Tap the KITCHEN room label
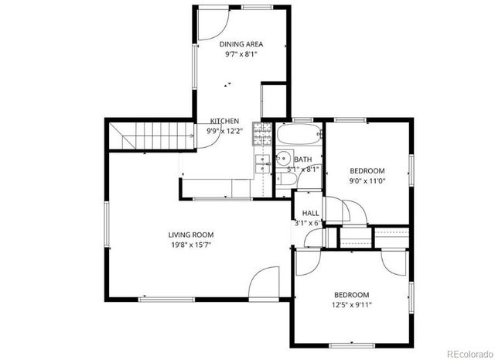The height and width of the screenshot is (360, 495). point(225,122)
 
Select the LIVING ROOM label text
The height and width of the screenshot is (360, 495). point(191,235)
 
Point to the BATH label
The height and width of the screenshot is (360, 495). point(303,159)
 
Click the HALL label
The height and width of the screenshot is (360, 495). point(310,213)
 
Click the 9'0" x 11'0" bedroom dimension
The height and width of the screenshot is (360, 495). point(367,180)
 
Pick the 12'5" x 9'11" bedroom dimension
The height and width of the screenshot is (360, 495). point(352,304)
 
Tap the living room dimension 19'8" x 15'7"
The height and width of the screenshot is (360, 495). point(191,245)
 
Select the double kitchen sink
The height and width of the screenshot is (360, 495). point(263,163)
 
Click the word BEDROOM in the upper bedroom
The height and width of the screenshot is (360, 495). point(367,170)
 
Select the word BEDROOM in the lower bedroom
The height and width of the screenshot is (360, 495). point(352,294)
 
